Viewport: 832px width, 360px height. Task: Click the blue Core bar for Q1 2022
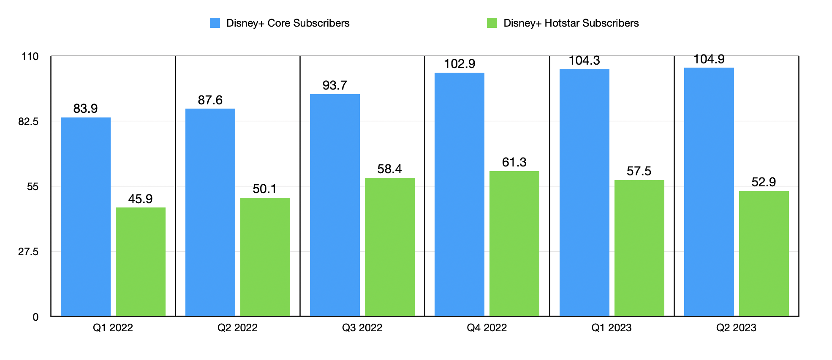(x=86, y=216)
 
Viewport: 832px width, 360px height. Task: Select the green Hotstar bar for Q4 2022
(x=514, y=243)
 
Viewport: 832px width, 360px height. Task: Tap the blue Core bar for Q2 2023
(x=709, y=191)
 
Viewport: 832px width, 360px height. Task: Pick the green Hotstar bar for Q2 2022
(x=265, y=256)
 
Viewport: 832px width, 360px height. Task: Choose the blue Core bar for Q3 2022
(x=335, y=205)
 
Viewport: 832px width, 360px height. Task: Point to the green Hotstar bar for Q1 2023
(x=639, y=248)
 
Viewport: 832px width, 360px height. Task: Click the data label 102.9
(x=460, y=64)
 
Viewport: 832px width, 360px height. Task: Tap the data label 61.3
(x=514, y=162)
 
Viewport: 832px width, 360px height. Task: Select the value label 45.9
(x=140, y=199)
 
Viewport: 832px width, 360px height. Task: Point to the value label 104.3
(x=584, y=60)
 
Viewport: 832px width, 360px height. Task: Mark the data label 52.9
(x=764, y=182)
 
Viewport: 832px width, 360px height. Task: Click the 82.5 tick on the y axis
(x=28, y=122)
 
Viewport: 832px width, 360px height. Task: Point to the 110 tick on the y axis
(x=30, y=57)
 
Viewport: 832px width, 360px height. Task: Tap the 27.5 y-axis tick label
(x=28, y=252)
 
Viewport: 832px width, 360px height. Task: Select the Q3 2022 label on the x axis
(x=362, y=328)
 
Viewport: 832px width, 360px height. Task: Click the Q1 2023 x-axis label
(x=611, y=328)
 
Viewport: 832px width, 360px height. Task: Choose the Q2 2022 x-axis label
(x=237, y=328)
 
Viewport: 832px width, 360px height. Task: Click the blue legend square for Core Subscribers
(x=215, y=23)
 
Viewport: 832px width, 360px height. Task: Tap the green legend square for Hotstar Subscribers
(x=492, y=23)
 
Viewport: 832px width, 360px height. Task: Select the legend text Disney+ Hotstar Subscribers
(x=571, y=23)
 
